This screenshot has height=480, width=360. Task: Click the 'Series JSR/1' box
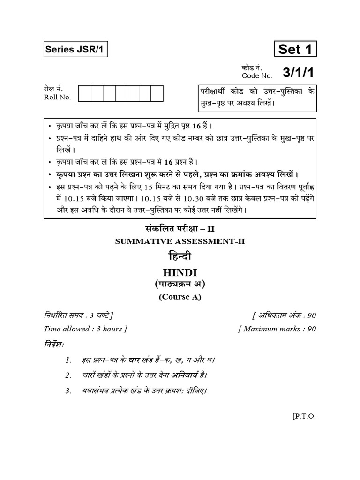pyautogui.click(x=75, y=50)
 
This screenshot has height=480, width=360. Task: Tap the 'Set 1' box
pyautogui.click(x=295, y=49)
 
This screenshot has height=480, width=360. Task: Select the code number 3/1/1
pyautogui.click(x=297, y=72)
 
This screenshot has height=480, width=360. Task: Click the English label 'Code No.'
pyautogui.click(x=257, y=75)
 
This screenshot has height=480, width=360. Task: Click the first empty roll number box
pyautogui.click(x=84, y=93)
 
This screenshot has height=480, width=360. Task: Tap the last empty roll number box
pyautogui.click(x=157, y=93)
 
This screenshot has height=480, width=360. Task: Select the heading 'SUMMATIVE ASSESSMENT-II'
pyautogui.click(x=180, y=241)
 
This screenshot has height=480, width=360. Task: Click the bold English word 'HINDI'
pyautogui.click(x=180, y=273)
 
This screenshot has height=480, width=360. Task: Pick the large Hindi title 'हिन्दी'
pyautogui.click(x=180, y=257)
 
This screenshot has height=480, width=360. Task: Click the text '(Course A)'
pyautogui.click(x=180, y=297)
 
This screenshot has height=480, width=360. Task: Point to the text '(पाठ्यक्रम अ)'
pyautogui.click(x=180, y=285)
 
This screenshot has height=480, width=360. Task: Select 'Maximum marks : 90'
pyautogui.click(x=277, y=329)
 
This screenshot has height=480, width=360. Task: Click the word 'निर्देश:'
pyautogui.click(x=54, y=345)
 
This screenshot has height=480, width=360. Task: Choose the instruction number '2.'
pyautogui.click(x=68, y=375)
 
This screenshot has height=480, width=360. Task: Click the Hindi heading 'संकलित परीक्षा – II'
pyautogui.click(x=180, y=229)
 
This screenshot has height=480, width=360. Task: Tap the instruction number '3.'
pyautogui.click(x=68, y=390)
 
